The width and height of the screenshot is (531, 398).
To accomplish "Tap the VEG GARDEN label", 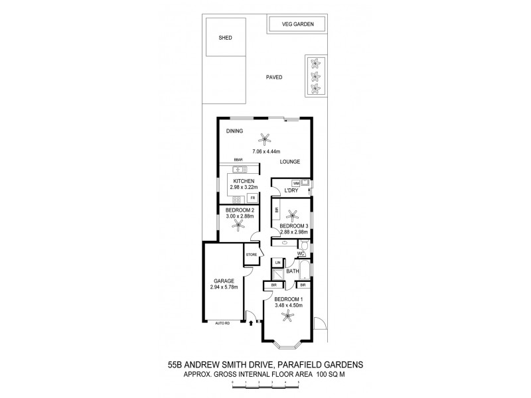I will point(297,25).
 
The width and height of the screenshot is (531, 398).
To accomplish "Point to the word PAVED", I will point(274,78).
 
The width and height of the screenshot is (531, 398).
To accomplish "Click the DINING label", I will point(234,131).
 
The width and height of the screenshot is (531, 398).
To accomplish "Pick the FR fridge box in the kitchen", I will point(252,198).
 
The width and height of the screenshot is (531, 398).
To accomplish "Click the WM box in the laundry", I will point(296,183).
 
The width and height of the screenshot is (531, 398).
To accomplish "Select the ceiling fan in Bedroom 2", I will point(238,225).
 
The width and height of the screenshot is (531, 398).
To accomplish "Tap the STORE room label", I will point(251,255).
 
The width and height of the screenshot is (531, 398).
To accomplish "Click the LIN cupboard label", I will point(278,263).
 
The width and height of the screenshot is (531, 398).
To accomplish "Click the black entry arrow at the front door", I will point(250,324).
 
